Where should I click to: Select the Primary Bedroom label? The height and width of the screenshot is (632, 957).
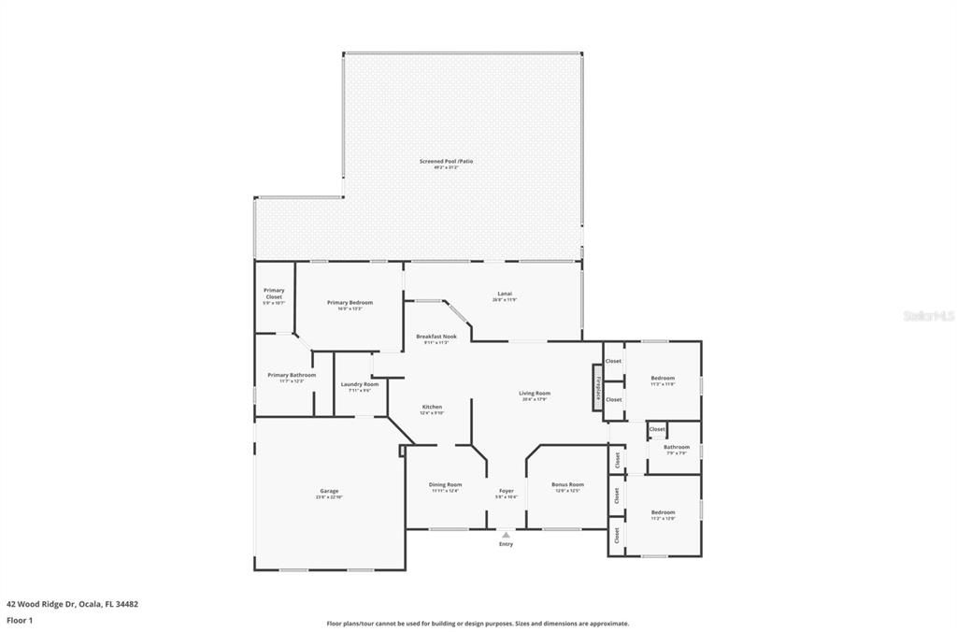[350, 303]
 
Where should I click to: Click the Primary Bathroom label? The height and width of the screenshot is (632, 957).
[291, 376]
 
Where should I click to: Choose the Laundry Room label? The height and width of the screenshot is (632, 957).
[359, 385]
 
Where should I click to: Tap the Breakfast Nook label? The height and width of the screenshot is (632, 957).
[436, 337]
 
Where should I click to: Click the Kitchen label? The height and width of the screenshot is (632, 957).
[432, 408]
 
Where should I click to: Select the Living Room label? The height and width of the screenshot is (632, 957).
[535, 394]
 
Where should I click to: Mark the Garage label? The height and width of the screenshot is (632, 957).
[329, 492]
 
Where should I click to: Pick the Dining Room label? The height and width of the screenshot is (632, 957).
[445, 485]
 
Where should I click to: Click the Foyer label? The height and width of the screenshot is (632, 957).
[506, 492]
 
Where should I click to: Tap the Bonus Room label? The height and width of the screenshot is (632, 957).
[567, 485]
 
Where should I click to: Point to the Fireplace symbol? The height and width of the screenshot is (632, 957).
[596, 390]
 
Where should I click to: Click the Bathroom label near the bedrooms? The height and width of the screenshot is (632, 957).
[676, 448]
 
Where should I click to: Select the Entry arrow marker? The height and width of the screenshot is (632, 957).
[506, 536]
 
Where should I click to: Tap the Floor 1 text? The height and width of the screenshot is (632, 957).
[20, 619]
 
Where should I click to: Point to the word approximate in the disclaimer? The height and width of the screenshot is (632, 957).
[608, 624]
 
